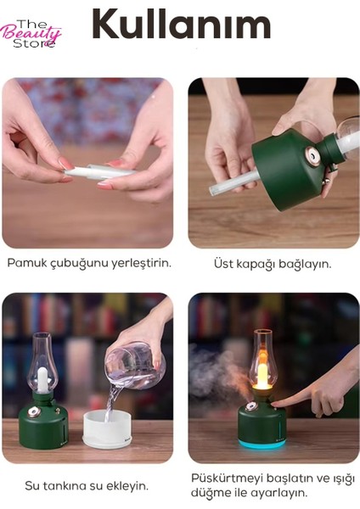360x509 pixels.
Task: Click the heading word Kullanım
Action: click(180, 25)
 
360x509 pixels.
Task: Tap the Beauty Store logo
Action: click(31, 33)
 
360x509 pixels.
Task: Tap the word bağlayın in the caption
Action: click(307, 264)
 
